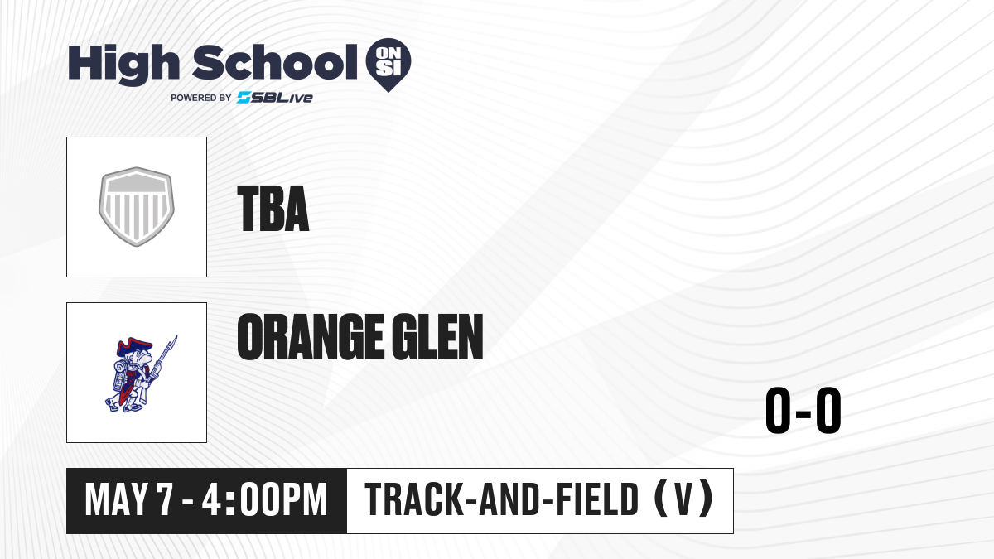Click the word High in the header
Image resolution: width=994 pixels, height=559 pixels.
[123, 65]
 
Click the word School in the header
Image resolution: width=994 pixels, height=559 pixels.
[275, 62]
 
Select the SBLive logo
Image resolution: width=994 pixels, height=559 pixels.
[275, 98]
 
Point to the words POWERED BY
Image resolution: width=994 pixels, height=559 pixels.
[201, 98]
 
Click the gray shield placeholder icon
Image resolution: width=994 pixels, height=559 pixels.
[137, 206]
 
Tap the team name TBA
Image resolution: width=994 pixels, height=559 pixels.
[273, 209]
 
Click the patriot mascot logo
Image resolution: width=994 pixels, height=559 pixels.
[141, 373]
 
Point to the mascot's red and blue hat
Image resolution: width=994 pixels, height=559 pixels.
[134, 346]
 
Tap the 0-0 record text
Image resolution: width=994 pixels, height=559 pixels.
[803, 411]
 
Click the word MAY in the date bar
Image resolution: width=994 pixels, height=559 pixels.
[116, 499]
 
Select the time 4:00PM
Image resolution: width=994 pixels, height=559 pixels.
[265, 499]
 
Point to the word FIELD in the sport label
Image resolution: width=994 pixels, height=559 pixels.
[597, 499]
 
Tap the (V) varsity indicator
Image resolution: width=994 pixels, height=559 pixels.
[684, 499]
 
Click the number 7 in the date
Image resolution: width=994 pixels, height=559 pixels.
[164, 499]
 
